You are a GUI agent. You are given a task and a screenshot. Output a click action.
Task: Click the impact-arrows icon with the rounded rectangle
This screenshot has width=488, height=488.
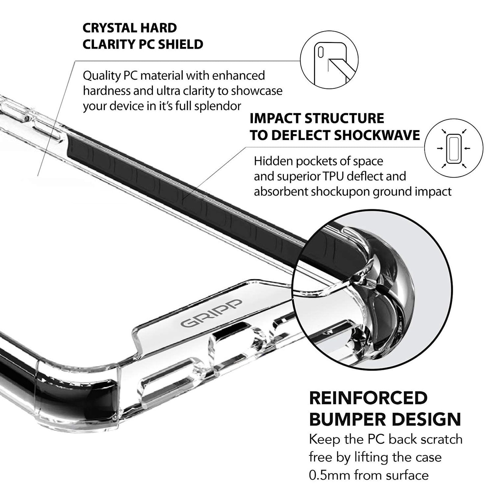coord(454,148)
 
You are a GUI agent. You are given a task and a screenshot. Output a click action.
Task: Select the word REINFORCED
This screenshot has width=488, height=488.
coord(368,398)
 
